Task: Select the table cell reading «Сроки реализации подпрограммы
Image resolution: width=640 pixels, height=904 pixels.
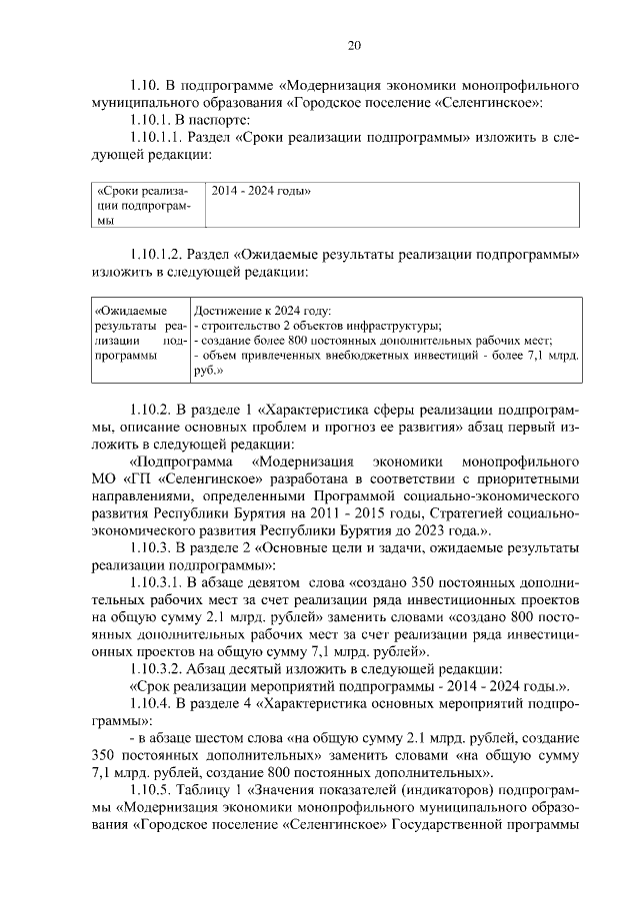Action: pyautogui.click(x=146, y=205)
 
